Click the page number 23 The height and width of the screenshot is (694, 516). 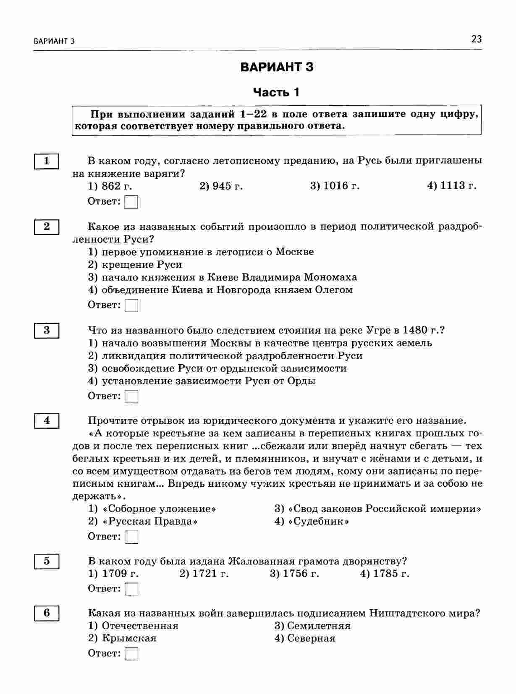coord(476,39)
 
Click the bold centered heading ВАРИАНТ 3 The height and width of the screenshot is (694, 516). coord(277,67)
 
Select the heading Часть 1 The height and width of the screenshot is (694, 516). coord(276,92)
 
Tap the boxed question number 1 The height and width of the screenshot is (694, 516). coord(46,161)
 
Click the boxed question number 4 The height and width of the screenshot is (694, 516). coord(46,421)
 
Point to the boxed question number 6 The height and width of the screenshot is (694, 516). coord(46,613)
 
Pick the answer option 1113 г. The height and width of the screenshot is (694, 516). coord(452,186)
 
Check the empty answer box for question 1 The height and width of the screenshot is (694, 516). coord(131,202)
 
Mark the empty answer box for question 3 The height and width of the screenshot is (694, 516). coord(131,397)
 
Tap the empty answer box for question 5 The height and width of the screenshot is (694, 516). coord(131,589)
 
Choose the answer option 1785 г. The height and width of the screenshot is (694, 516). coord(385,574)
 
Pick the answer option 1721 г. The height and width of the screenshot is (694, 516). coord(204,574)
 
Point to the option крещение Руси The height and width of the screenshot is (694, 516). coord(135,265)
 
